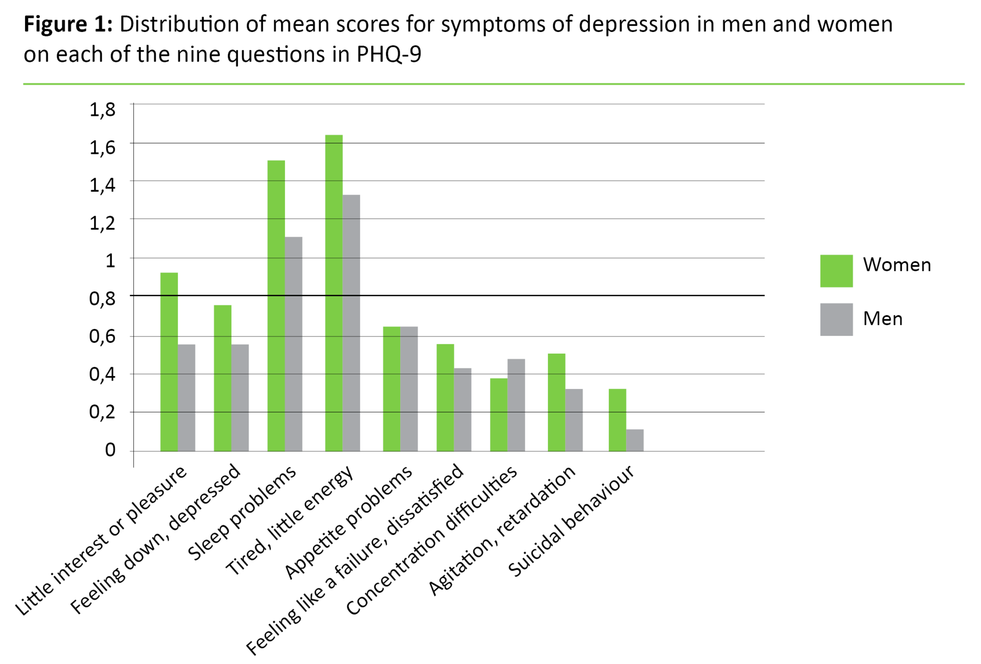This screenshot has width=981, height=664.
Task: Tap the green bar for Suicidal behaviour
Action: [x=617, y=420]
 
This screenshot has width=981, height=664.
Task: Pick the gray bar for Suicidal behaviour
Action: [x=635, y=440]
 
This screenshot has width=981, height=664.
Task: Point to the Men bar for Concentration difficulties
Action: [x=516, y=405]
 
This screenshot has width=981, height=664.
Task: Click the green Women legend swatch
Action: [x=836, y=271]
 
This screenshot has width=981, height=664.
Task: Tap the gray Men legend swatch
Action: [x=836, y=319]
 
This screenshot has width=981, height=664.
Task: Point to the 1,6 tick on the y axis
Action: [x=102, y=147]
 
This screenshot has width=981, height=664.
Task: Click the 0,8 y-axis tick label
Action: [x=102, y=298]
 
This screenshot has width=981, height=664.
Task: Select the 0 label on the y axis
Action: [x=110, y=450]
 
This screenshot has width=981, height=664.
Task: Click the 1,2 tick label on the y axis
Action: [x=102, y=223]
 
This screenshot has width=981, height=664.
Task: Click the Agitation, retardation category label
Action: [x=502, y=530]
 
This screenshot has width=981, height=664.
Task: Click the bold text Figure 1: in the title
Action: [x=68, y=25]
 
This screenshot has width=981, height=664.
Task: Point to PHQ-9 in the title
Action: [x=388, y=54]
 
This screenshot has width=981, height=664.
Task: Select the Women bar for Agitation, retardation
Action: [x=556, y=402]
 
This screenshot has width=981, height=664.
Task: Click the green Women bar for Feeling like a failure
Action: [x=445, y=397]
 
